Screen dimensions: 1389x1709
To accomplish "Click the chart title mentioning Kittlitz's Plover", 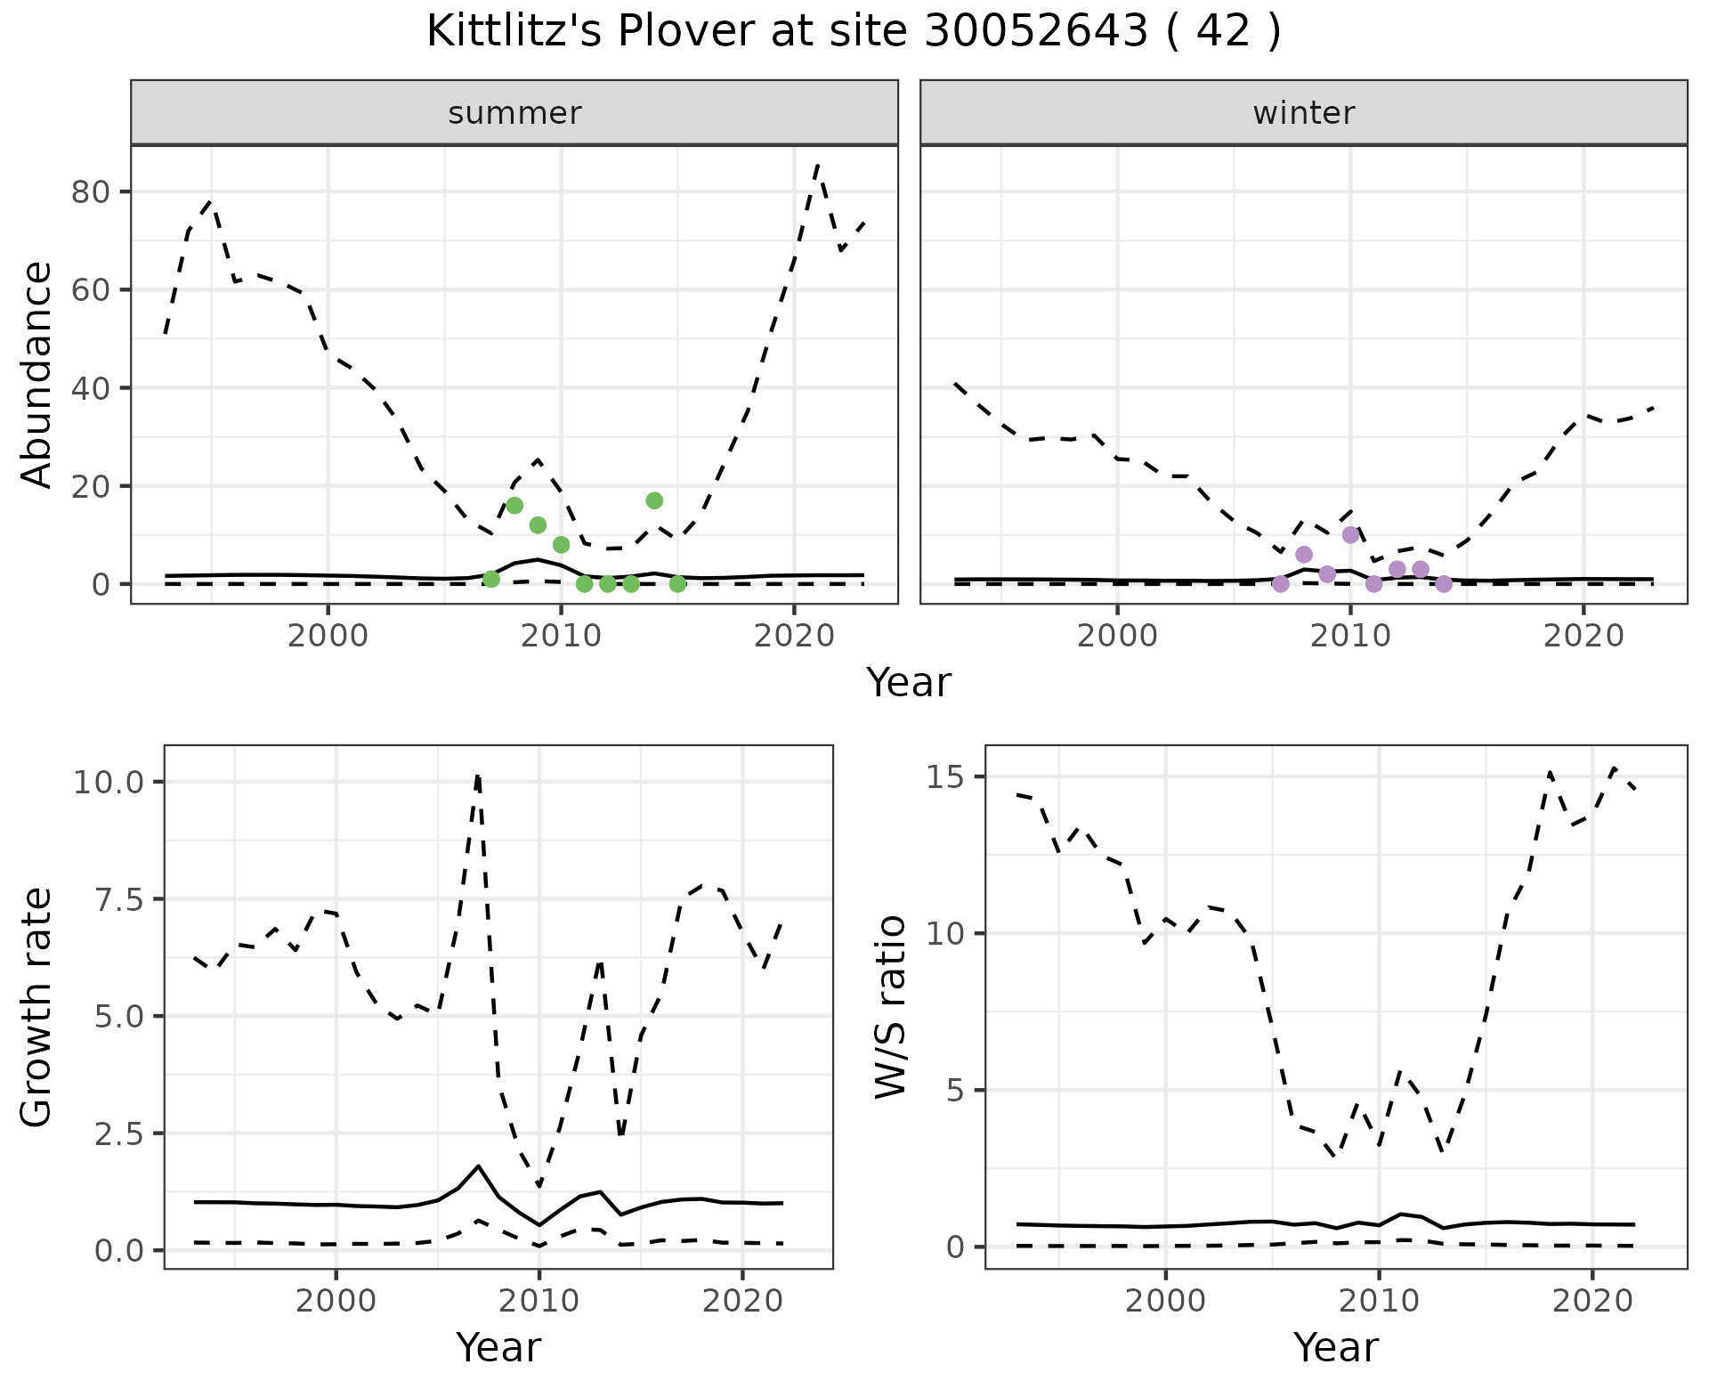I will click(854, 32).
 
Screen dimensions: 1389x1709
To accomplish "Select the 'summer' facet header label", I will click(514, 113).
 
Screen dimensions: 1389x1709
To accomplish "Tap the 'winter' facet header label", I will click(1303, 113).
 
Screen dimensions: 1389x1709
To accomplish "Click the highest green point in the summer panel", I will click(654, 500).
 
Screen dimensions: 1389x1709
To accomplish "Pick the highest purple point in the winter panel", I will click(1350, 534).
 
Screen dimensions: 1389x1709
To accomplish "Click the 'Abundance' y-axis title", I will click(37, 375).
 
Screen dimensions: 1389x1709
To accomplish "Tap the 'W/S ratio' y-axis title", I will click(890, 1007).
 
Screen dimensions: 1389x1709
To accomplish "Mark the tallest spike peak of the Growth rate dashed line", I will click(478, 776).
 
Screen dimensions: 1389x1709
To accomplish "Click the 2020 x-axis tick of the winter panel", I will click(1583, 636).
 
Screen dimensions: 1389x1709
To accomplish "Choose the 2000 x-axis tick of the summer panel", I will click(328, 636).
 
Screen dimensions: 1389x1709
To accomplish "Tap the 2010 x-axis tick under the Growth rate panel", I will click(539, 1301).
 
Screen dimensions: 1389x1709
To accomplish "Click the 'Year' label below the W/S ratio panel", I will click(1335, 1347).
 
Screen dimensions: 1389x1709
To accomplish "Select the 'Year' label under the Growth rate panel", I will click(498, 1347).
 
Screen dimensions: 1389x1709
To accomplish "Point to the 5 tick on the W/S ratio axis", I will click(955, 1091).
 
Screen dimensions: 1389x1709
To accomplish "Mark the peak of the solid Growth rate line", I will click(479, 1166).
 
